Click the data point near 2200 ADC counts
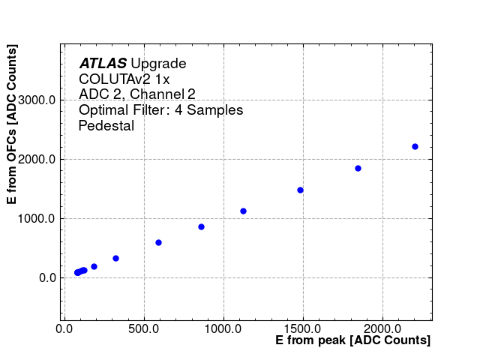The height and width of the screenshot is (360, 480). coord(415,146)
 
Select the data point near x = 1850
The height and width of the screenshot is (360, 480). coord(358,168)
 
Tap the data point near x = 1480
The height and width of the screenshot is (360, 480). coord(300,190)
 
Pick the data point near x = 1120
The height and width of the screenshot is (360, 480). coord(243,211)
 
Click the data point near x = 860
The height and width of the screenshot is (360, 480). coord(201,226)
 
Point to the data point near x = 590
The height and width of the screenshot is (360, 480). coord(158,242)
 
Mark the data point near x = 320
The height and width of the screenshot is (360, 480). coord(115,258)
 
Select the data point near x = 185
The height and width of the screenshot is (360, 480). coord(94,266)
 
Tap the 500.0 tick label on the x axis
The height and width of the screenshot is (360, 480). coord(142,328)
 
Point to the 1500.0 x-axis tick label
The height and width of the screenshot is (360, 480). coord(303,328)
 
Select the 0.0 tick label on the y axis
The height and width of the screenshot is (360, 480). coord(46,277)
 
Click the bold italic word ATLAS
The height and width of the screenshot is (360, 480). coord(103,64)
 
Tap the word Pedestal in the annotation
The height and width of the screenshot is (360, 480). coord(106,126)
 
